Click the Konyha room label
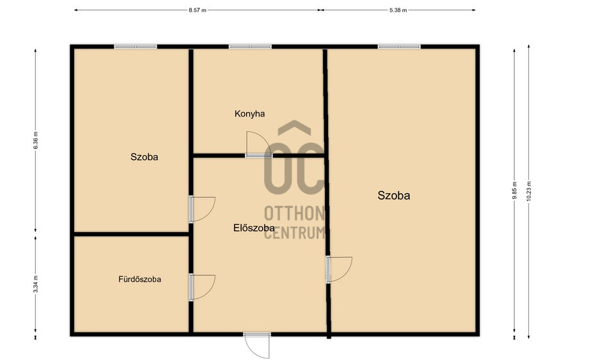[249, 114]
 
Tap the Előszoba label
[254, 228]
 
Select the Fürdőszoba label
[140, 279]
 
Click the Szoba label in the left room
[145, 157]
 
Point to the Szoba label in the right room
[394, 195]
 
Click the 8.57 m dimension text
[198, 10]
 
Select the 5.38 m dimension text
[398, 10]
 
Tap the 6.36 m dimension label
[36, 141]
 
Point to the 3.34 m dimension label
[36, 284]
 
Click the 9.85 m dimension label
[515, 191]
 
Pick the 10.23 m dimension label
[529, 191]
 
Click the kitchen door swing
[258, 144]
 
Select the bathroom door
[202, 288]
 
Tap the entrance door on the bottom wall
[257, 345]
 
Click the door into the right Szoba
[339, 269]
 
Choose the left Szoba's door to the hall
[202, 209]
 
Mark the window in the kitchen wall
[250, 47]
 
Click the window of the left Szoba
[136, 47]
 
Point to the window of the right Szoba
[399, 47]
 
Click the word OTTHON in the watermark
[295, 214]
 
